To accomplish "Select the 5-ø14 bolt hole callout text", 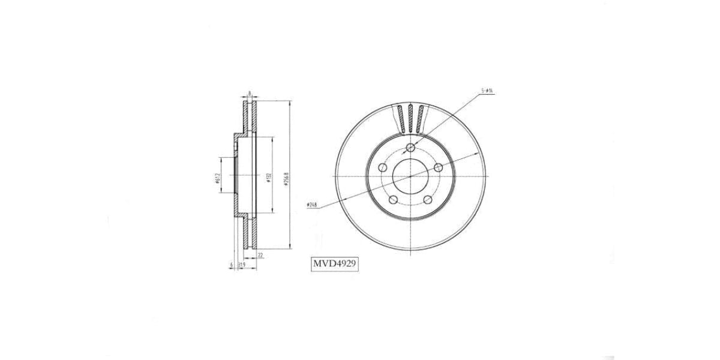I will pyautogui.click(x=487, y=91).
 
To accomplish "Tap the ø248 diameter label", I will pyautogui.click(x=311, y=205).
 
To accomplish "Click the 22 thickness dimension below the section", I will pyautogui.click(x=260, y=255).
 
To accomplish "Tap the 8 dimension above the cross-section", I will pyautogui.click(x=249, y=94).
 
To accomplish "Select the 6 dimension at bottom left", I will pyautogui.click(x=231, y=264).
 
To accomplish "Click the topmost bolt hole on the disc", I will pyautogui.click(x=410, y=148).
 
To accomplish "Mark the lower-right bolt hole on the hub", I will pyautogui.click(x=428, y=200).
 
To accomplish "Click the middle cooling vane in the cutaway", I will pyautogui.click(x=410, y=118).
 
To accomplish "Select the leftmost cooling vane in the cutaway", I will pyautogui.click(x=400, y=119).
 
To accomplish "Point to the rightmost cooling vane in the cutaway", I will pyautogui.click(x=421, y=119).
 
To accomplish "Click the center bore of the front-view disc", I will pyautogui.click(x=410, y=177).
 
